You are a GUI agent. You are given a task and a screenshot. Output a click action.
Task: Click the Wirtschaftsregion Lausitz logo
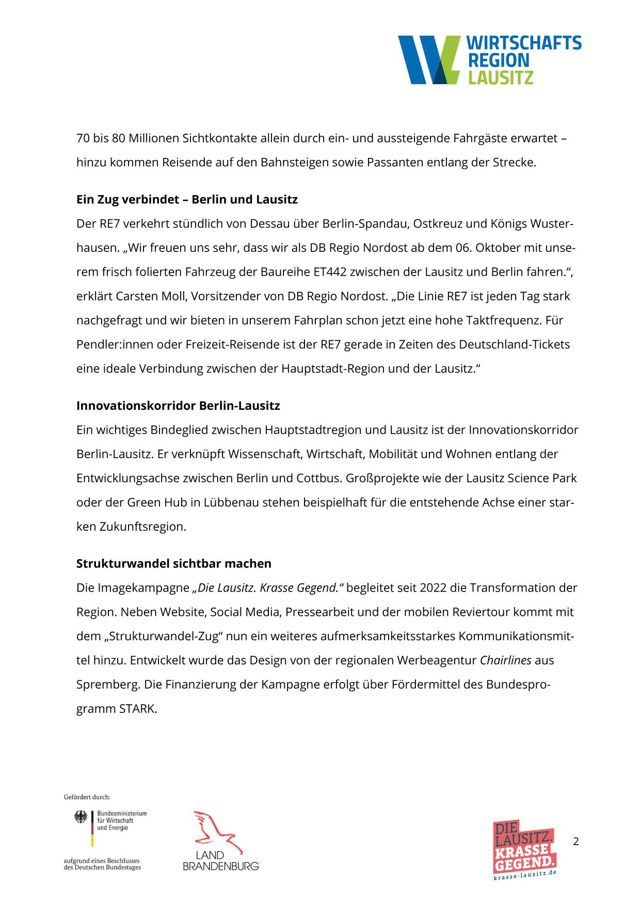490,60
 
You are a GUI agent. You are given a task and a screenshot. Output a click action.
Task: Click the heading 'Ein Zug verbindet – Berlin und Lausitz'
187,199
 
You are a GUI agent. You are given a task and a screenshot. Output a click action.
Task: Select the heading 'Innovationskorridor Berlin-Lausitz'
178,406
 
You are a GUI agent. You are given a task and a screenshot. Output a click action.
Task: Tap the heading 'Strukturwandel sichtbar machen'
174,563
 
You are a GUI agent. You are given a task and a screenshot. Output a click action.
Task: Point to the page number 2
576,842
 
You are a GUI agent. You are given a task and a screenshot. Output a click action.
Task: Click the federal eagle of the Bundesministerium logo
81,817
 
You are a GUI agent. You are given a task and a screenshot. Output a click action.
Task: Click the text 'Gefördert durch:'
87,797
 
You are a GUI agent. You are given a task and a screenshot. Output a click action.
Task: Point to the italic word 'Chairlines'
505,660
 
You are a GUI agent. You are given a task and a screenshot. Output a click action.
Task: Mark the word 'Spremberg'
108,685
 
